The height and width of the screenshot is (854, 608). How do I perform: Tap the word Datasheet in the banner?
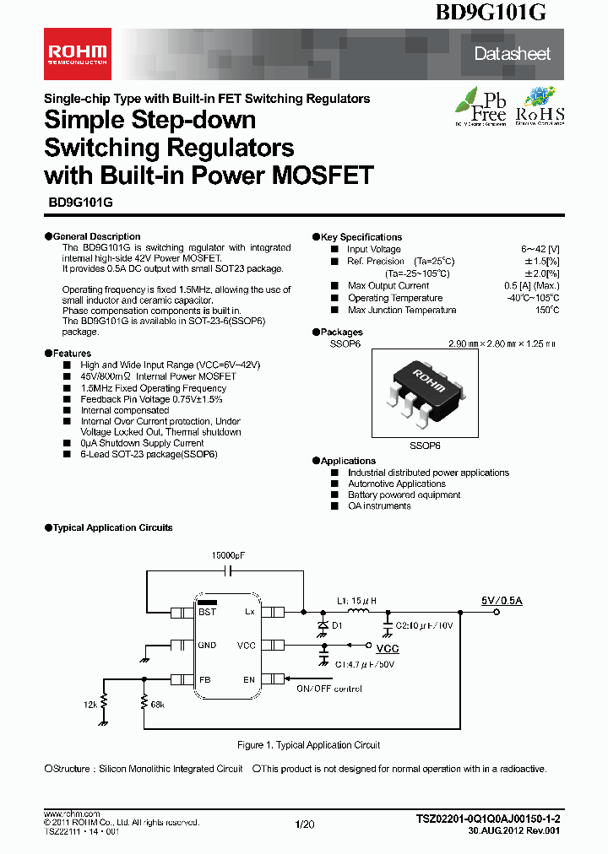tap(512, 54)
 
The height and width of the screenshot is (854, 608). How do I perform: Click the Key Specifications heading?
tap(361, 237)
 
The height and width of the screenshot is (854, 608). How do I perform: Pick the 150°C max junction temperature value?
tap(546, 310)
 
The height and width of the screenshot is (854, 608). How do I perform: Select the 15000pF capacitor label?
tap(228, 555)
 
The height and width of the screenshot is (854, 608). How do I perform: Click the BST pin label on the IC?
tap(208, 611)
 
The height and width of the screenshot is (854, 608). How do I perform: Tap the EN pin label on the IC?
tap(249, 679)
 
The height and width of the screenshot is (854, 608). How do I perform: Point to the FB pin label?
tap(204, 679)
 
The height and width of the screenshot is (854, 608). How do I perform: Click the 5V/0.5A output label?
tap(502, 600)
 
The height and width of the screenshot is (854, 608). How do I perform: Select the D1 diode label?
tap(338, 625)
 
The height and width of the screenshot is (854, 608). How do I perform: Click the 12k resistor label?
tap(90, 703)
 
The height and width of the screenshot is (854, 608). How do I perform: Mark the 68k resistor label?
tap(157, 703)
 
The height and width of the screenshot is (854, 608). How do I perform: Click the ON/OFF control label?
tap(328, 689)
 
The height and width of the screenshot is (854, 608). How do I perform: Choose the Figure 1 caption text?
tap(308, 745)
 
